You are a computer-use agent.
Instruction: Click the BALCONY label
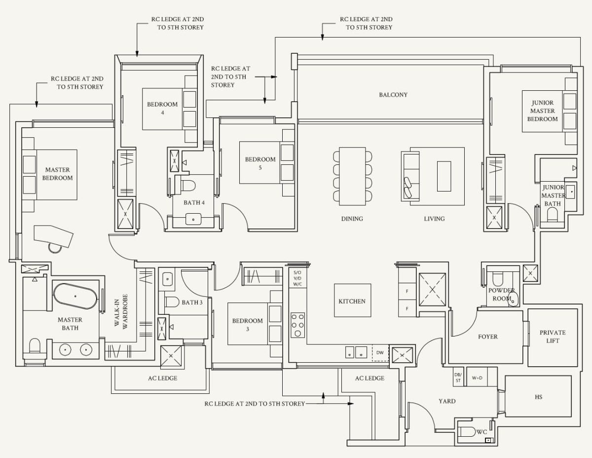pyautogui.click(x=393, y=95)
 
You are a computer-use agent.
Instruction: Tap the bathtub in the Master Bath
pyautogui.click(x=75, y=296)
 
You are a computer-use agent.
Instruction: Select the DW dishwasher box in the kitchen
pyautogui.click(x=380, y=353)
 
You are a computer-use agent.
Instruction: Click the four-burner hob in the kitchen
pyautogui.click(x=298, y=325)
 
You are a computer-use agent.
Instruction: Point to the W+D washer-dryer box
pyautogui.click(x=477, y=378)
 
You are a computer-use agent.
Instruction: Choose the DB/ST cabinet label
pyautogui.click(x=458, y=378)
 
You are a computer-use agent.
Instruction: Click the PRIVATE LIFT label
pyautogui.click(x=553, y=337)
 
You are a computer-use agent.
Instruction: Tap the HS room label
pyautogui.click(x=538, y=397)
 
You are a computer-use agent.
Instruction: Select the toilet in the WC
pyautogui.click(x=467, y=432)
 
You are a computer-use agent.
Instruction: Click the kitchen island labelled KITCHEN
pyautogui.click(x=353, y=300)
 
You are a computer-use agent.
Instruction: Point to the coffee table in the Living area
pyautogui.click(x=444, y=176)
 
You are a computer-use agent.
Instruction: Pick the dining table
pyautogui.click(x=352, y=176)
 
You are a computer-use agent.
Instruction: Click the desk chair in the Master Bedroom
pyautogui.click(x=54, y=247)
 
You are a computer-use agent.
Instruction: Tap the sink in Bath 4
pyautogui.click(x=193, y=219)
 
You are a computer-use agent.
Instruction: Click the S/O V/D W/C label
pyautogui.click(x=297, y=278)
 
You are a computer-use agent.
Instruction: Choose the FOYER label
pyautogui.click(x=487, y=337)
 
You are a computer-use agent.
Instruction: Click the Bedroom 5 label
pyautogui.click(x=260, y=163)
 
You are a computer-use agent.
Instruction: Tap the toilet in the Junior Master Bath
pyautogui.click(x=553, y=214)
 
